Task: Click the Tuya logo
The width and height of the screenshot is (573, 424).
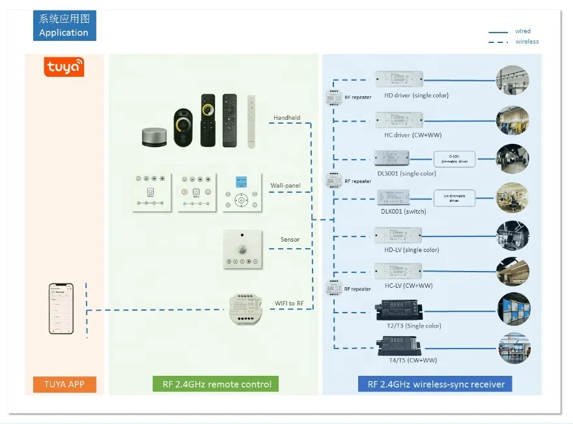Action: pos(64,66)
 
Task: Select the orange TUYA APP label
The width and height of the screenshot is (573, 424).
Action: pos(64,384)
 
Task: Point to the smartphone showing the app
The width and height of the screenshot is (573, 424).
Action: pos(61,308)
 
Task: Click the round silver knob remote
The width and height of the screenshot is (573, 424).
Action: pos(155,136)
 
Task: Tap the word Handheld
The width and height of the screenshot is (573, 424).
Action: pos(286,118)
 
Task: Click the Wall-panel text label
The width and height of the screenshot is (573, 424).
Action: pos(285,186)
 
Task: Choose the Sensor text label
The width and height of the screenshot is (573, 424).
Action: pos(290,240)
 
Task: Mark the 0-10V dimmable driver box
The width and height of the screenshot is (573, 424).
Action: pos(454,158)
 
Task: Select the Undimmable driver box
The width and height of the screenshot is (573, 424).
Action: pos(454,197)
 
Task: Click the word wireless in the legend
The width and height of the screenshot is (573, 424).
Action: pos(527,42)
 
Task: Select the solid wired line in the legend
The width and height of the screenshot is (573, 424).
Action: pos(498,31)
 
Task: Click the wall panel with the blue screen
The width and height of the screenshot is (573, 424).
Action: pos(242,192)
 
